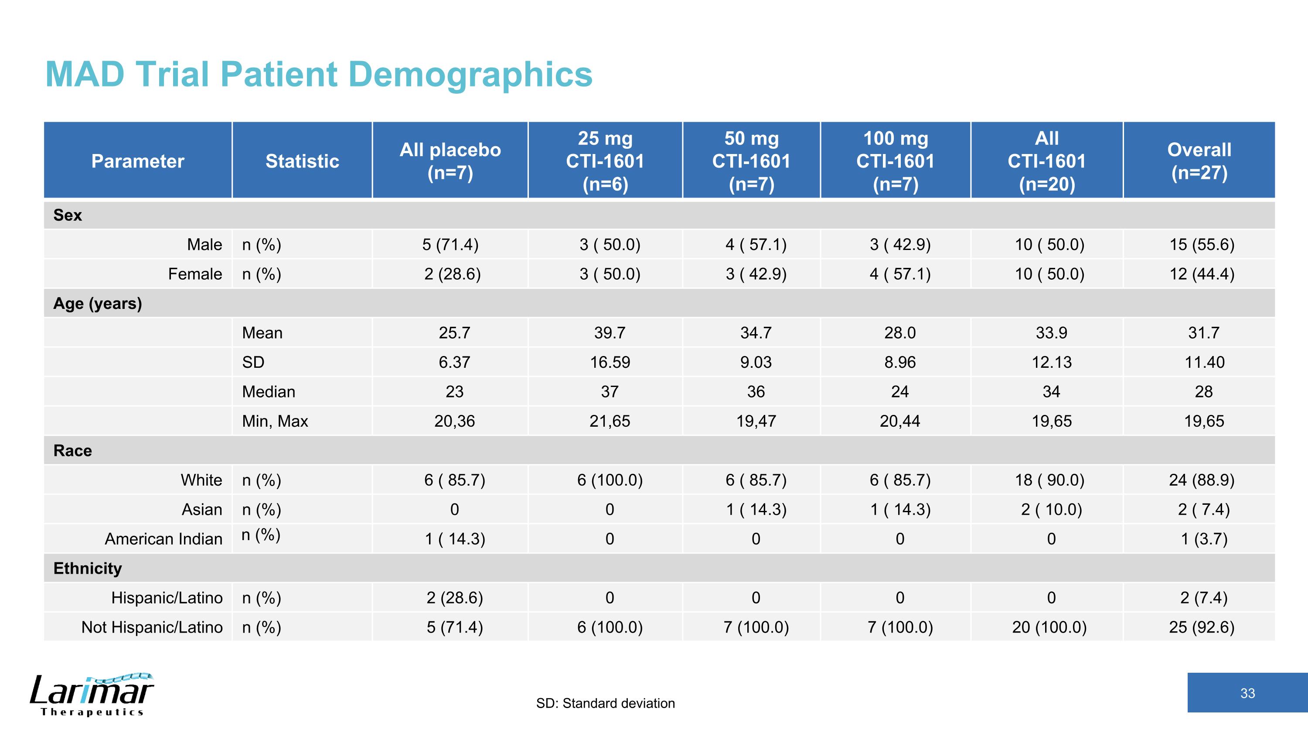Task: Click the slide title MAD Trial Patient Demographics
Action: [319, 74]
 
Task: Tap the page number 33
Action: [1247, 693]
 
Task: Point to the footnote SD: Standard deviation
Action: [605, 703]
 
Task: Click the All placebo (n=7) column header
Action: [450, 161]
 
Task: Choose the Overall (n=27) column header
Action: [1199, 161]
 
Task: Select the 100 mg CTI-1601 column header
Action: [895, 161]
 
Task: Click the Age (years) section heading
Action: [98, 303]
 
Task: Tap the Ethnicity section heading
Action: [87, 568]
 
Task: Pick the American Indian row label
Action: [163, 538]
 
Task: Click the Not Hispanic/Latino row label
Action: [152, 627]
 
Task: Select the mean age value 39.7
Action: [610, 333]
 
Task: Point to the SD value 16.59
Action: [610, 362]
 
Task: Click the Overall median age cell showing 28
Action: [1203, 392]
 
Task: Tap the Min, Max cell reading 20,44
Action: [900, 421]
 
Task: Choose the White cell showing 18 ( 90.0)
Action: [1049, 480]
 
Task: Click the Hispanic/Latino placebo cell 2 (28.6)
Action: [454, 597]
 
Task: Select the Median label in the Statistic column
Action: [269, 392]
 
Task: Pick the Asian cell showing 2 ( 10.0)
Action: [1051, 510]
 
